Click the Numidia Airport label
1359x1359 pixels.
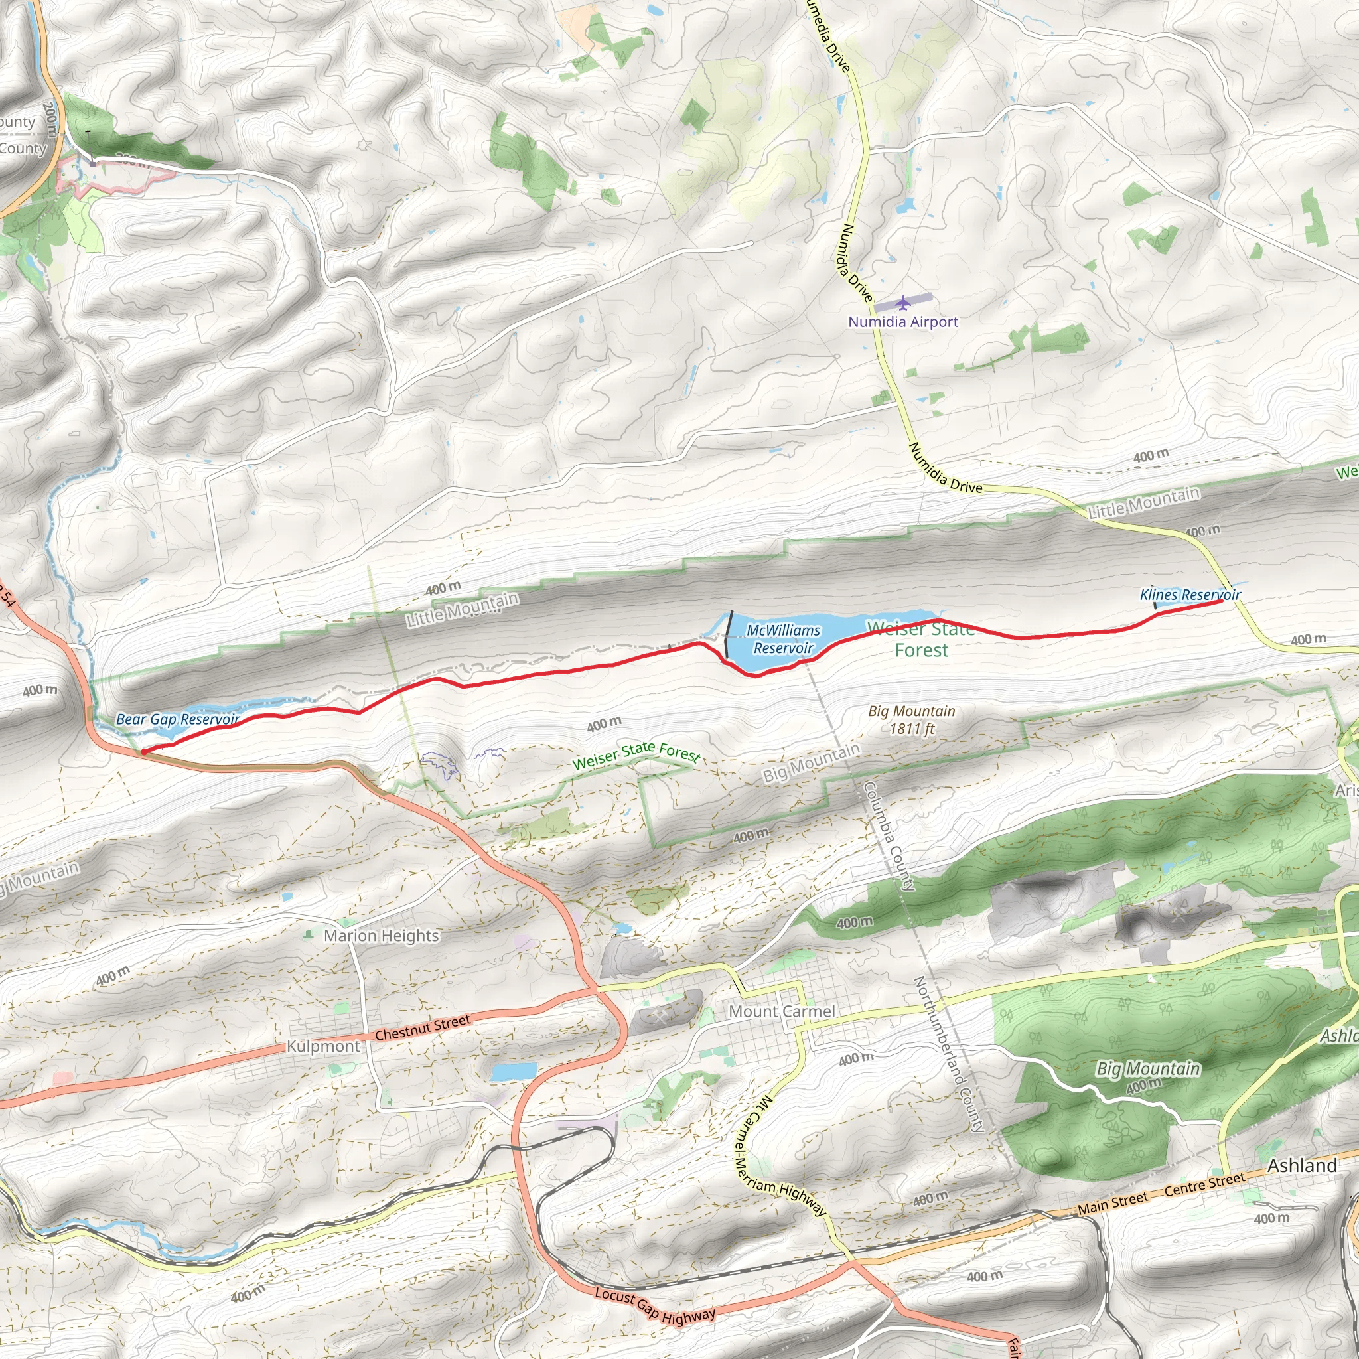pyautogui.click(x=903, y=321)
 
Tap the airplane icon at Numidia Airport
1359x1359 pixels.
pyautogui.click(x=903, y=303)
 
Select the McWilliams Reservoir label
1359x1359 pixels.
pyautogui.click(x=783, y=639)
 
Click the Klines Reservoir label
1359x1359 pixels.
pyautogui.click(x=1190, y=595)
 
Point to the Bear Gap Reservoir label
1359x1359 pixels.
pyautogui.click(x=178, y=719)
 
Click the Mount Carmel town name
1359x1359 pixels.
pyautogui.click(x=782, y=1011)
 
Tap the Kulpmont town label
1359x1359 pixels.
pyautogui.click(x=323, y=1046)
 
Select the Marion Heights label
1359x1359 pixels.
pyautogui.click(x=382, y=936)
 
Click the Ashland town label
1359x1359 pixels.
pyautogui.click(x=1302, y=1165)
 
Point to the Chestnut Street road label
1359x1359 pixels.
pyautogui.click(x=422, y=1028)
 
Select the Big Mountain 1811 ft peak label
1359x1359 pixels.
pyautogui.click(x=912, y=719)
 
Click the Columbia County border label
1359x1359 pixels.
pyautogui.click(x=889, y=836)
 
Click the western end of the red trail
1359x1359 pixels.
pyautogui.click(x=143, y=752)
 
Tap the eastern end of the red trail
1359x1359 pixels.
pyautogui.click(x=1220, y=601)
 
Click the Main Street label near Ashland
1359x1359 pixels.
pyautogui.click(x=1113, y=1204)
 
